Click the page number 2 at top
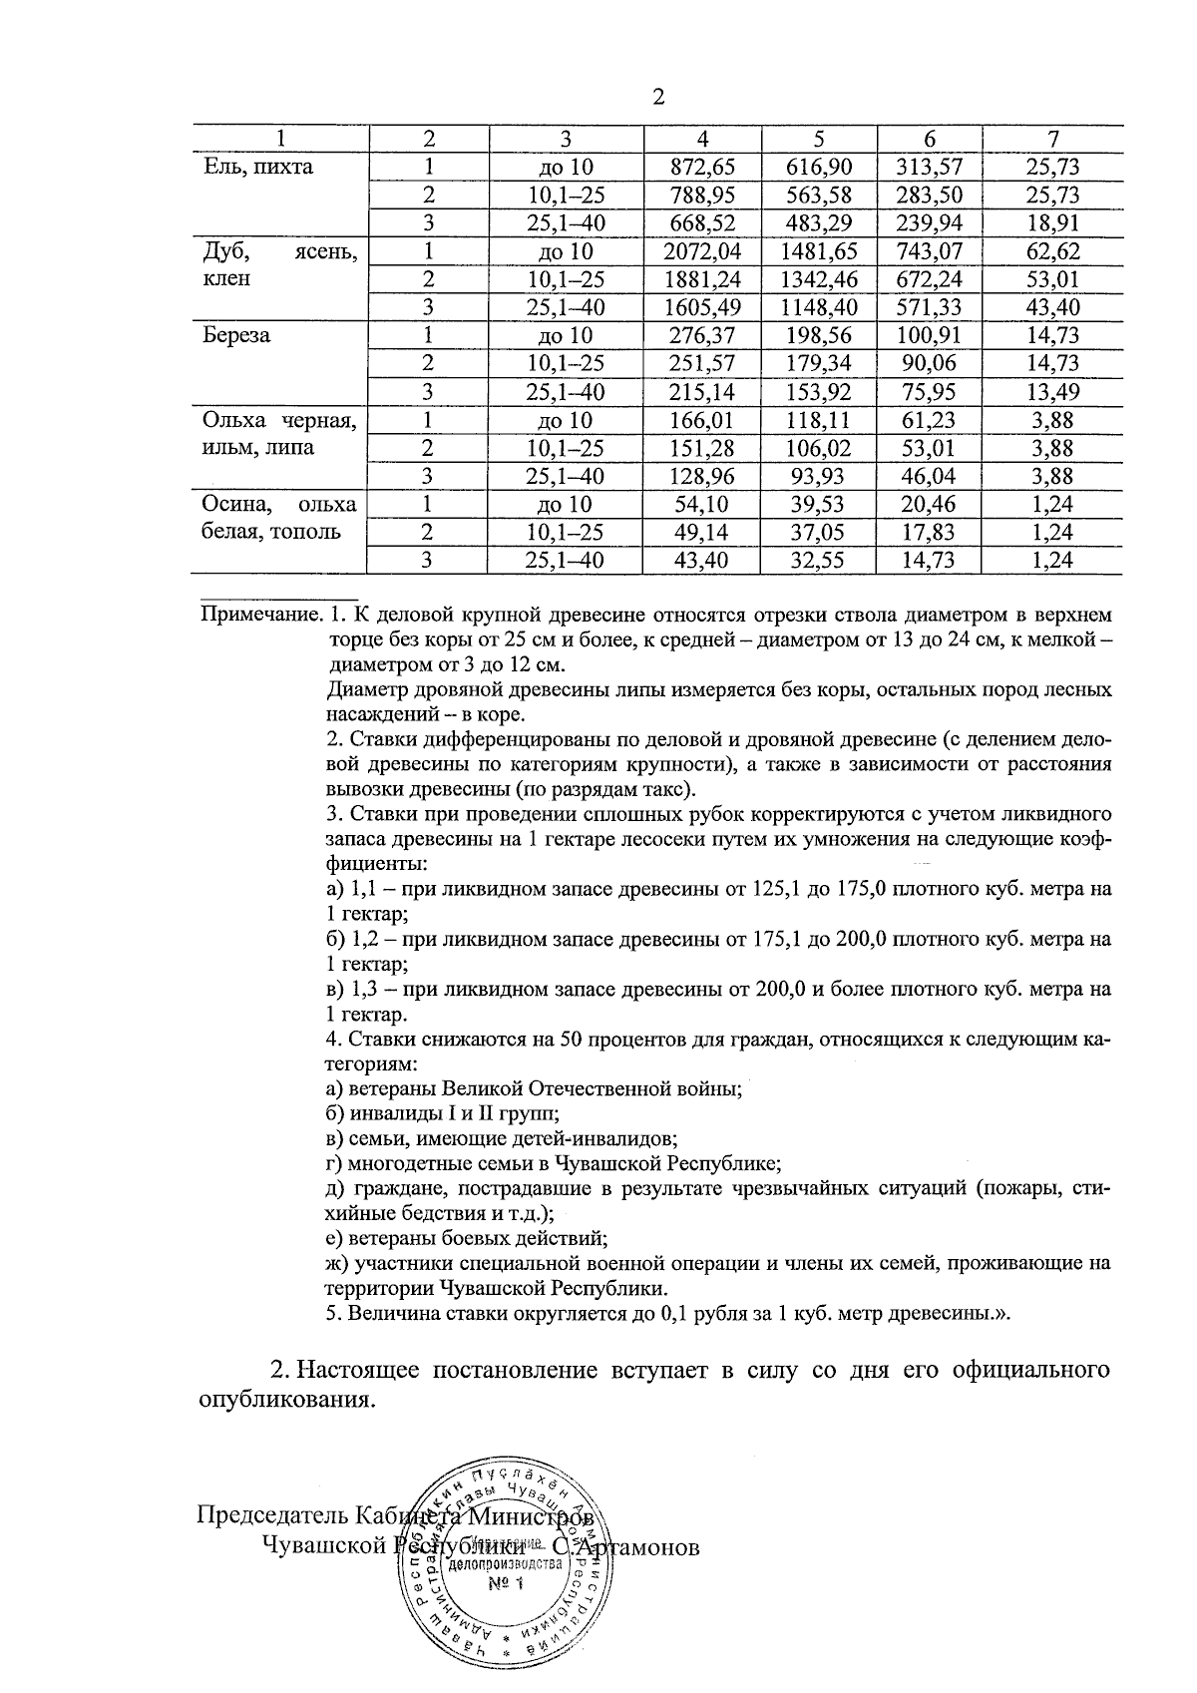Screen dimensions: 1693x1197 tap(657, 97)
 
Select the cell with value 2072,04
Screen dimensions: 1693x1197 tap(702, 251)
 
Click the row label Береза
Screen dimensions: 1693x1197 tap(236, 335)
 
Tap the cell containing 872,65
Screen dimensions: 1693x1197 tap(702, 167)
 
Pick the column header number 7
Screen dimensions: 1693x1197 tap(1053, 139)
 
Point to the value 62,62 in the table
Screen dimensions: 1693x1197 tap(1053, 251)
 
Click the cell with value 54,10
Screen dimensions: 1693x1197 tap(702, 505)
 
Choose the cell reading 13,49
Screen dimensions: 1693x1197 tap(1053, 392)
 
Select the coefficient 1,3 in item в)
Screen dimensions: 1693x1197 tap(361, 990)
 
